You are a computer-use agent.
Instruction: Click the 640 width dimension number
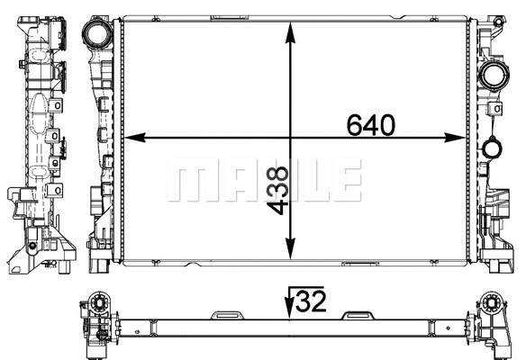371,125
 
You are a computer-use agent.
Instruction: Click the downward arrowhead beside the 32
288,311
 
